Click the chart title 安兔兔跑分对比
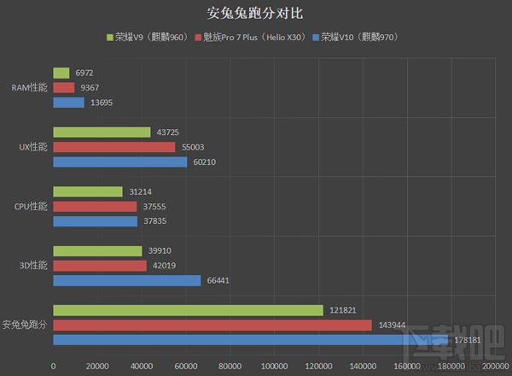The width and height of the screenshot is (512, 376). [256, 14]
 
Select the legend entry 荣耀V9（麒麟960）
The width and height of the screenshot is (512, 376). [149, 38]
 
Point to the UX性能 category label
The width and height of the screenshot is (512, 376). [33, 147]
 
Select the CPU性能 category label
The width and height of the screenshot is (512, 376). [32, 206]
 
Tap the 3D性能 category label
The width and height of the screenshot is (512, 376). [34, 265]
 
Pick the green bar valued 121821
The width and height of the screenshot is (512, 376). [188, 310]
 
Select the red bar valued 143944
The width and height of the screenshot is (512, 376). [212, 325]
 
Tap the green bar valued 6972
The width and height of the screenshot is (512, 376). [61, 73]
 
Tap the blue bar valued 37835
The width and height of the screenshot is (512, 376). [95, 221]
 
